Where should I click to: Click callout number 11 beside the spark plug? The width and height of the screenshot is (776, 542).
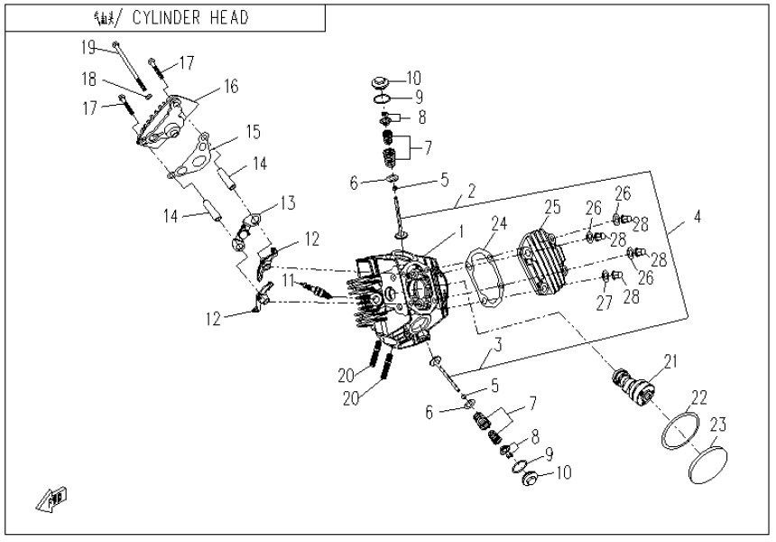[x=286, y=282]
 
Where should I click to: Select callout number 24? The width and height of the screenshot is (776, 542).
[x=501, y=223]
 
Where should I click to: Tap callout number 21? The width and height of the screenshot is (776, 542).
[x=670, y=362]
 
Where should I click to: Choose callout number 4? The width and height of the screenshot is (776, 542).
[x=697, y=218]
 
